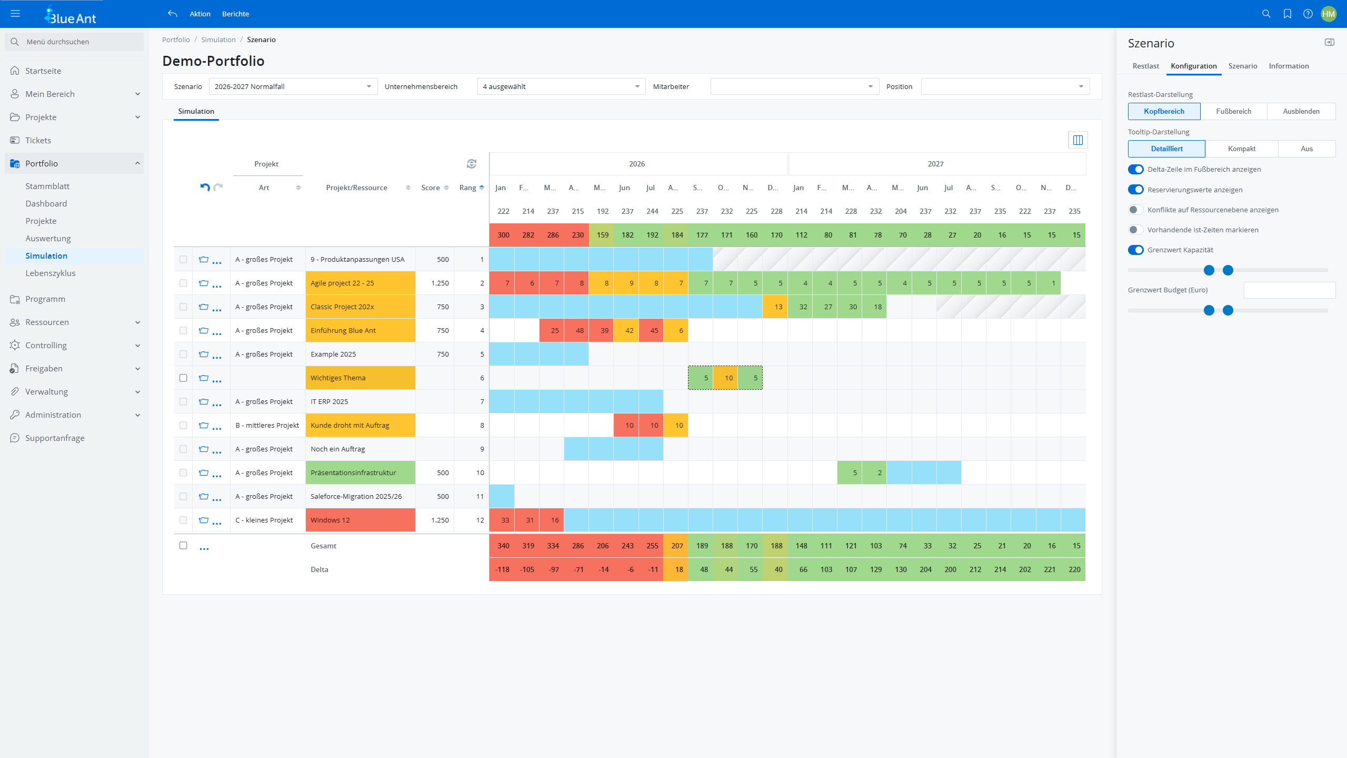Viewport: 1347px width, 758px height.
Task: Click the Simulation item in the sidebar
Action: point(46,256)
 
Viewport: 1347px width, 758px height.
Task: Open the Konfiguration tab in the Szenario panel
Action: point(1193,66)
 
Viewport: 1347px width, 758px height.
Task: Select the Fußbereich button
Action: point(1233,111)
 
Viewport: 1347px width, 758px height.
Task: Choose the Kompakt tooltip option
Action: point(1241,149)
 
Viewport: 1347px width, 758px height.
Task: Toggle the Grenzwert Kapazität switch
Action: point(1135,250)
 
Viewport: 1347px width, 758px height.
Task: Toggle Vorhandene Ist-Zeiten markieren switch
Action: point(1135,230)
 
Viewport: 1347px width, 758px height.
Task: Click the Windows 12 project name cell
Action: point(360,520)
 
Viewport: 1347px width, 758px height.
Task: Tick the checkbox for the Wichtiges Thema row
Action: point(183,378)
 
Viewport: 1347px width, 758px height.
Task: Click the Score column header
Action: point(431,188)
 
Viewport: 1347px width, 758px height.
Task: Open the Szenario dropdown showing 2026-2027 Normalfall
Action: point(293,86)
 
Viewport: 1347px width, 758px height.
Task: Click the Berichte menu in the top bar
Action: point(235,14)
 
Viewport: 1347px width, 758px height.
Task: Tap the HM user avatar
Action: point(1328,14)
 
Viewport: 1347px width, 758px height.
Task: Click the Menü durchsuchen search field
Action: point(79,42)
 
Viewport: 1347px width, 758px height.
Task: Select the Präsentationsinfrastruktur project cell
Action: point(360,472)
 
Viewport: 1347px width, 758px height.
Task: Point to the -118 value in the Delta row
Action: point(502,569)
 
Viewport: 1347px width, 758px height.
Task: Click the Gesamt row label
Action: point(323,546)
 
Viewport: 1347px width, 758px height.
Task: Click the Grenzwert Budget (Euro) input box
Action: point(1289,290)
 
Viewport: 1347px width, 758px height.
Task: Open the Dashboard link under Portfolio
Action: point(46,204)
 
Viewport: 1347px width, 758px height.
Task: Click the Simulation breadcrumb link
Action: point(218,40)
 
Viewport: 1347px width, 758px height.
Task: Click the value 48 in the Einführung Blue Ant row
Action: point(579,330)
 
